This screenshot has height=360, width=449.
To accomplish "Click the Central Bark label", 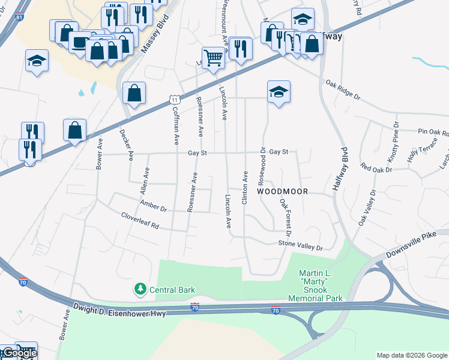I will click(172, 290).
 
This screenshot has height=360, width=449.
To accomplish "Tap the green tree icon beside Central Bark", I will click(140, 290).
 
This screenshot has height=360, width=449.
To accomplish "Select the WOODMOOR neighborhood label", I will click(282, 191).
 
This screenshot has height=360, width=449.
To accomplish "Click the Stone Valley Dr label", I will click(300, 245).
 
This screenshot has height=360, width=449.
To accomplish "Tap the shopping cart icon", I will click(213, 58).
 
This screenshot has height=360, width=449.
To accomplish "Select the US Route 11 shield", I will click(173, 98).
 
